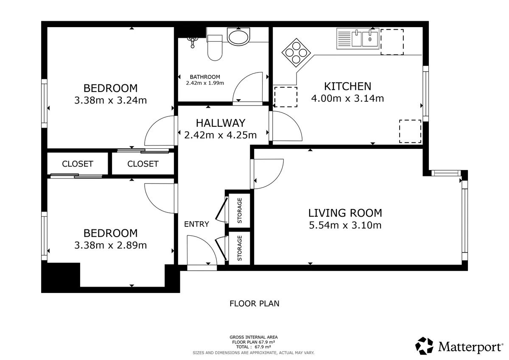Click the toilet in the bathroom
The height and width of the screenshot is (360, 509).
pos(215,47)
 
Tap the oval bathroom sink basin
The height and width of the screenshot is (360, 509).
pos(238,37)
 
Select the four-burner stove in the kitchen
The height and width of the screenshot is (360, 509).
pos(296,53)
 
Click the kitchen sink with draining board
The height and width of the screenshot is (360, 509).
pos(358,39)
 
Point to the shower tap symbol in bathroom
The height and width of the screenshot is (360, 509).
pos(192,42)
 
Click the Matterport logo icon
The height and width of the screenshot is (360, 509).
pos(424,346)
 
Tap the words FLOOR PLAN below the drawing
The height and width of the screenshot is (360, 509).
pos(254,304)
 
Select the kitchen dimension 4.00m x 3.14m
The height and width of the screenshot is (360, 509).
pos(347,98)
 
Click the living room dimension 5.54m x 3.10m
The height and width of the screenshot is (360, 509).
pos(345,225)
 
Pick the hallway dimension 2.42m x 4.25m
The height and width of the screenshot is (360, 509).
pos(220,135)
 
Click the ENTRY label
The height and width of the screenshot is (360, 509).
pos(196,224)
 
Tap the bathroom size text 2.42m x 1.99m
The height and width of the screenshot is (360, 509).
pos(205,83)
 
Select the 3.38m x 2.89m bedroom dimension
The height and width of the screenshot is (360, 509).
pos(110,245)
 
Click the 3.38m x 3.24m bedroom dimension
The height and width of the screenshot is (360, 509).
pos(110,100)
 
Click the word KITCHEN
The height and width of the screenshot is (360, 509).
pos(347,87)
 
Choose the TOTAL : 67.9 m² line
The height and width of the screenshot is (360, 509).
pos(253,347)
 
